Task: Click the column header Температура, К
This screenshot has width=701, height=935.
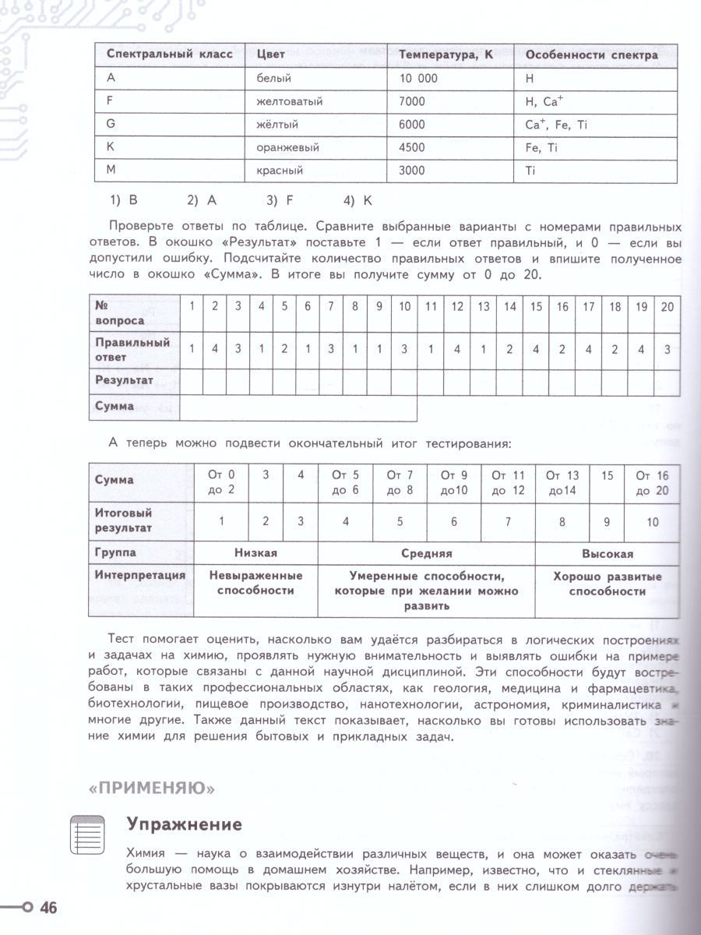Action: [x=446, y=55]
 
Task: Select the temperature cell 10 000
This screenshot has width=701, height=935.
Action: [x=418, y=78]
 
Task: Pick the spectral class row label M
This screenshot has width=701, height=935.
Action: [x=110, y=170]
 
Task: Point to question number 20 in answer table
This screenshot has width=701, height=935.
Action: [x=667, y=306]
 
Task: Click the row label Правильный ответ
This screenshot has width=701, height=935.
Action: [x=132, y=349]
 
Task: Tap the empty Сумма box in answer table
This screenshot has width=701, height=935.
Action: [x=298, y=408]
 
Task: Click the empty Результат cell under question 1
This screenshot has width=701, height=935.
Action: [x=192, y=381]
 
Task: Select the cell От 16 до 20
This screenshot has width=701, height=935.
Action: [x=652, y=482]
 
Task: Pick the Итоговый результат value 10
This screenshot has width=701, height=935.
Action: [x=652, y=522]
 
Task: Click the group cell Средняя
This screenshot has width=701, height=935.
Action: [x=426, y=553]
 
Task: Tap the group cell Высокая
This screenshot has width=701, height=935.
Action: [x=608, y=553]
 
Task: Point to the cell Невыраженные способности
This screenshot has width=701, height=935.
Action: [x=255, y=583]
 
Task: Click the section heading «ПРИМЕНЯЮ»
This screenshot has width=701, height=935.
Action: [x=151, y=788]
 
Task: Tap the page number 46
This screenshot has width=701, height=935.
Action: [x=48, y=908]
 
